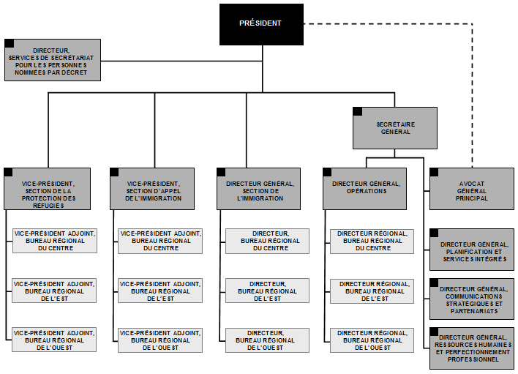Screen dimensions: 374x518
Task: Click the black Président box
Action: [x=260, y=23]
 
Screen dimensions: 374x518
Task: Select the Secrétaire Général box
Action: [x=394, y=128]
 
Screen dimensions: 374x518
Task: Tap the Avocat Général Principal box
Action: [x=471, y=189]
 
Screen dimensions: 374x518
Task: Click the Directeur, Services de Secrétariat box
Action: [x=53, y=59]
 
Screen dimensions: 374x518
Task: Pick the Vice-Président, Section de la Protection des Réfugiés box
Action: [x=48, y=189]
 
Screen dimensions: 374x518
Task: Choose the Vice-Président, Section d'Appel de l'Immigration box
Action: [x=155, y=189]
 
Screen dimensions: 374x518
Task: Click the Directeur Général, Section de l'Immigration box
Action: [x=261, y=189]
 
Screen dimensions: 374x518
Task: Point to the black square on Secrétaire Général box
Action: [x=357, y=111]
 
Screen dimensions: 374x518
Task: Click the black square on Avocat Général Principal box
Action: [x=434, y=172]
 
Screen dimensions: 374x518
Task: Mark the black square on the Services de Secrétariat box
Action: [x=9, y=43]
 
